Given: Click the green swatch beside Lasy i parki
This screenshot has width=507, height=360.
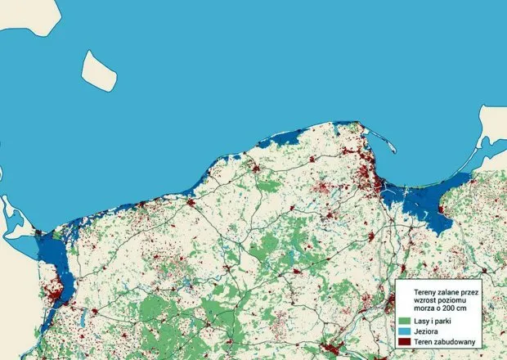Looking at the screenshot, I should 403,321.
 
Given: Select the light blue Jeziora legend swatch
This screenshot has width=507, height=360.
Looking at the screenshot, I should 403,331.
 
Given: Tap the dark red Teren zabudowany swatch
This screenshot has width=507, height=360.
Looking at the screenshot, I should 403,342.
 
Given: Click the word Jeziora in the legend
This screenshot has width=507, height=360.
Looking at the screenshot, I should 426,331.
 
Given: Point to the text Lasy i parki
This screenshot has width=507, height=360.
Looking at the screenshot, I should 433,321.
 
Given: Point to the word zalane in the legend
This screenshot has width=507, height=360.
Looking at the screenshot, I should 442,289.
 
